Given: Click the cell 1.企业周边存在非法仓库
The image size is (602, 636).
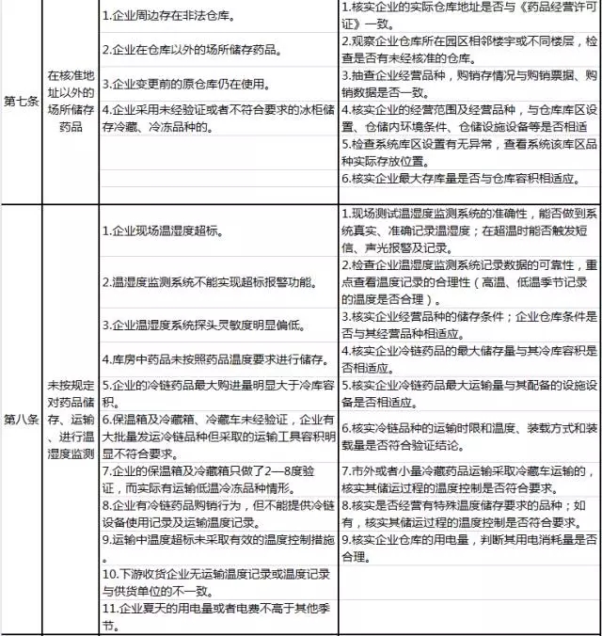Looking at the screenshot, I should [217, 18].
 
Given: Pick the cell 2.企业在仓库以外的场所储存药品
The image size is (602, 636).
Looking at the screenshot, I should [217, 49].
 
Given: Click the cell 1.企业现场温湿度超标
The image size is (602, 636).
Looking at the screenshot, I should [217, 231].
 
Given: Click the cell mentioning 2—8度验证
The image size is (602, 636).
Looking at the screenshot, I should [217, 476].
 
